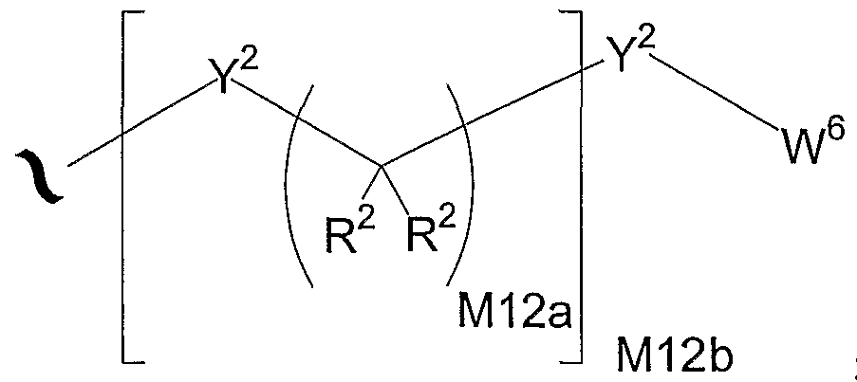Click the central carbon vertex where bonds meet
pos(381,164)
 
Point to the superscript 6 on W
pos(837,131)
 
